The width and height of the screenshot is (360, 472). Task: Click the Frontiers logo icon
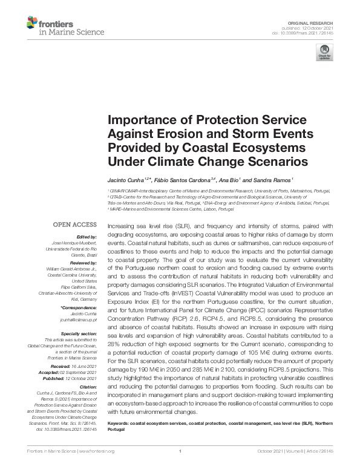point(31,24)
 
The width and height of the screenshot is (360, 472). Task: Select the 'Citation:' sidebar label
point(88,386)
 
